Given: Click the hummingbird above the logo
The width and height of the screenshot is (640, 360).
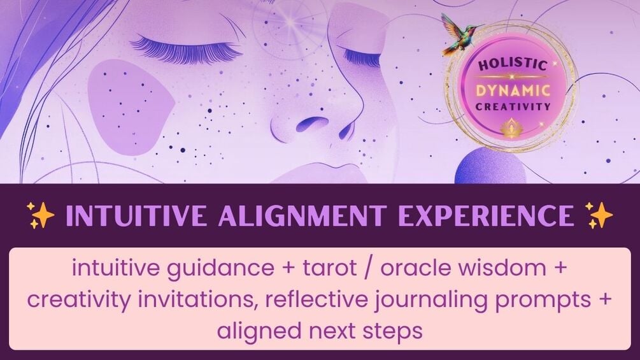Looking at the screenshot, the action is point(460,34).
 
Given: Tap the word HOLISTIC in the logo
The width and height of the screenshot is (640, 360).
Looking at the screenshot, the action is point(512,64).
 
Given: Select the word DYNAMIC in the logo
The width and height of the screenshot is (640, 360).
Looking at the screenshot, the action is point(513,90).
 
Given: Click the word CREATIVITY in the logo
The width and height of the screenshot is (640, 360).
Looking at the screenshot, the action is point(513,107).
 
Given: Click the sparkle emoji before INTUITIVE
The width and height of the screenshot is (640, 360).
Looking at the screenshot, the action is point(40,215).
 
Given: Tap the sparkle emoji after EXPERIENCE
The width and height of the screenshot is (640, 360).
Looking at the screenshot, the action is point(599,215).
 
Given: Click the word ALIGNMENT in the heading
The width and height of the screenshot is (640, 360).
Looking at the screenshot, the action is point(302,215).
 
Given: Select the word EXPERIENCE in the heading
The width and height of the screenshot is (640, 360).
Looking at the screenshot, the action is point(486,215).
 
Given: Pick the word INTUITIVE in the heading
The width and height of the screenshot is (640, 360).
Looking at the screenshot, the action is point(136,215).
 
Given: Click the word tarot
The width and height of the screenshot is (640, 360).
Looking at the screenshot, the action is point(329,268).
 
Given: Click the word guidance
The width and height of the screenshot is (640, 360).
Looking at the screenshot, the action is point(220,269).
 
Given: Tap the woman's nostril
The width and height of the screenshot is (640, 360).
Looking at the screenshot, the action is point(312,123).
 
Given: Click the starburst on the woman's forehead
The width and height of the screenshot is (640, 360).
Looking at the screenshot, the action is point(290,23).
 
